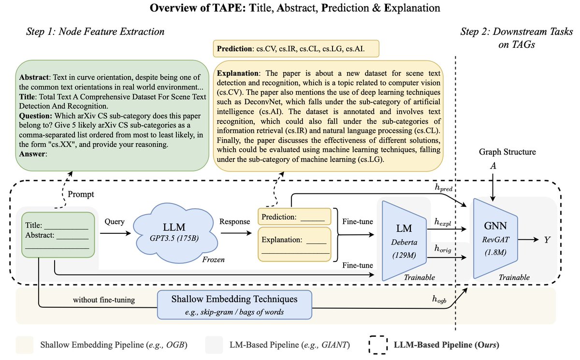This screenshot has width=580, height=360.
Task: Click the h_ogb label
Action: click(441, 300)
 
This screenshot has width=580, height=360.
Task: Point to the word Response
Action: click(234, 221)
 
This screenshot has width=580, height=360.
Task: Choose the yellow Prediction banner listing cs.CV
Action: click(295, 49)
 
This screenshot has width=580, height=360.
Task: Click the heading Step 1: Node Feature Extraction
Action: click(95, 32)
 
